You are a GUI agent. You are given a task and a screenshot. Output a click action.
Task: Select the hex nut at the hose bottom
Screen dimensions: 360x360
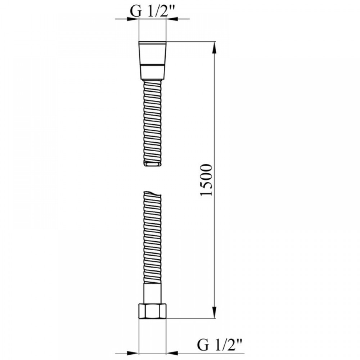(152, 311)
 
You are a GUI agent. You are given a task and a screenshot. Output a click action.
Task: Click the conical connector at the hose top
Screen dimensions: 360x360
(152, 60)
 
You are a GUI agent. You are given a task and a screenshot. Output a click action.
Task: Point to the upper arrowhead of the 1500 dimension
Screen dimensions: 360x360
(214, 48)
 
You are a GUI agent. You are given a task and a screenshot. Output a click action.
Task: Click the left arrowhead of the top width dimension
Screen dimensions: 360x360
(133, 19)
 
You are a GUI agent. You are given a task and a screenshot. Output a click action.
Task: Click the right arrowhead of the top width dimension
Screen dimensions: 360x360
(172, 19)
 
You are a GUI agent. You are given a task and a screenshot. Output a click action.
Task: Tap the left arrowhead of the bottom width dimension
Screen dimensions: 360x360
(133, 353)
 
